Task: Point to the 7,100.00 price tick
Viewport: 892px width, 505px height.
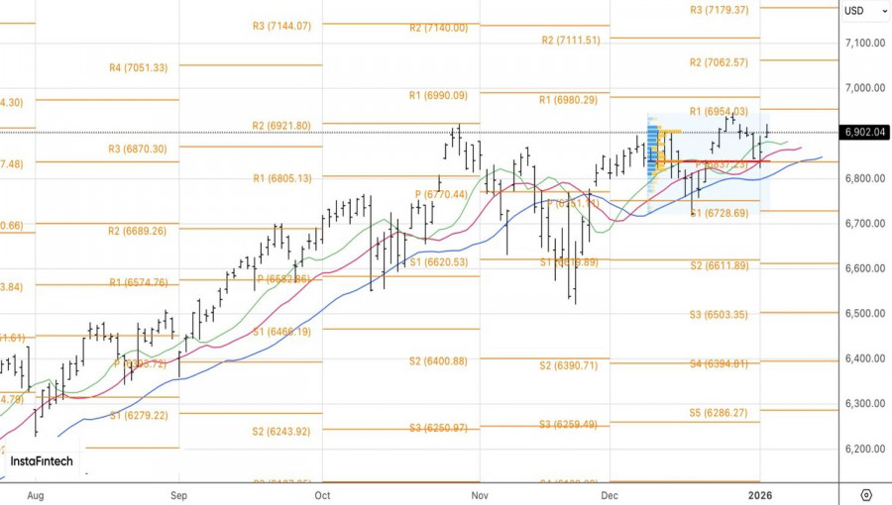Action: tap(864, 43)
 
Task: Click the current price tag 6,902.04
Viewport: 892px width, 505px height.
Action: tap(865, 133)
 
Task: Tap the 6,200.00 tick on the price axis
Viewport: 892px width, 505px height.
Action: tap(864, 449)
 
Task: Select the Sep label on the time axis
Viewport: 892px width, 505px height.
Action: tap(178, 494)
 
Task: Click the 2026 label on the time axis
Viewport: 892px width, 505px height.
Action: tap(760, 494)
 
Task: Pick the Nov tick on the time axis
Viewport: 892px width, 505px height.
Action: tap(480, 494)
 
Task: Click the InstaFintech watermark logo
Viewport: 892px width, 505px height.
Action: tap(42, 461)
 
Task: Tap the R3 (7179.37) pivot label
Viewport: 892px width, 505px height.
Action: tap(720, 10)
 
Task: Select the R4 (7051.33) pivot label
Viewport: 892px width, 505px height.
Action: tap(138, 67)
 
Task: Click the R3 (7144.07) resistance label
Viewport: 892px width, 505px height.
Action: tap(281, 27)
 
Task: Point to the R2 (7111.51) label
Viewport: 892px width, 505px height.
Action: tap(571, 41)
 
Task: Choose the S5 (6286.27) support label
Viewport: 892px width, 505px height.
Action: tap(720, 413)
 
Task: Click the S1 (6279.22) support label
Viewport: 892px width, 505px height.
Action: tap(138, 416)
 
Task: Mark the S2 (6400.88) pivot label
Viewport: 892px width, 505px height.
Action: tap(438, 361)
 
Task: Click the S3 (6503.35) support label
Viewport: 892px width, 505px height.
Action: tap(720, 315)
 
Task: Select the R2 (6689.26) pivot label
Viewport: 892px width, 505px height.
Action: tap(138, 231)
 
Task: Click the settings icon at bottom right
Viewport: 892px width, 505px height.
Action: tap(866, 494)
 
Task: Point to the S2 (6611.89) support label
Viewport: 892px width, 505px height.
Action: tap(720, 265)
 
